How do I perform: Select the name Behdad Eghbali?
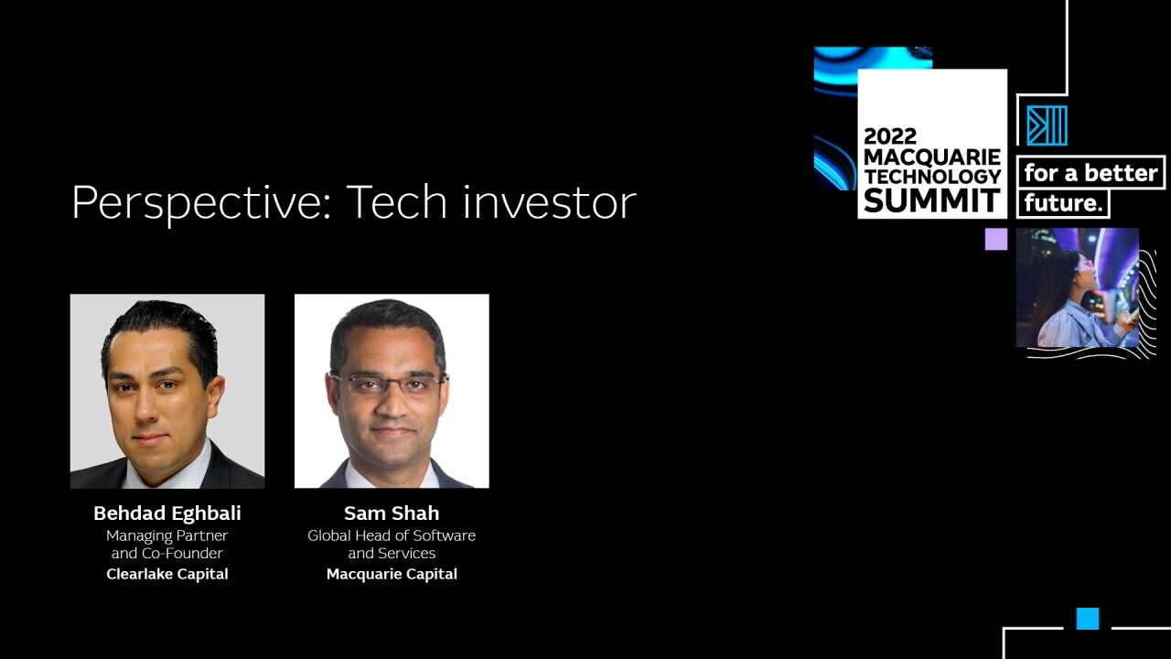[167, 513]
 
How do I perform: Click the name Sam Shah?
[392, 513]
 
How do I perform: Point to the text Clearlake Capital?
[167, 574]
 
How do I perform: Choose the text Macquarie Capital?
[392, 574]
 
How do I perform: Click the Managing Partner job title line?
[167, 536]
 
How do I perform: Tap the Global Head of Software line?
[392, 535]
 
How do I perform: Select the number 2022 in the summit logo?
[890, 136]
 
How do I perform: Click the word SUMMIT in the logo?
[932, 200]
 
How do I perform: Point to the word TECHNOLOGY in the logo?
[932, 177]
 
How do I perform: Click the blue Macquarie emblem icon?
[1047, 125]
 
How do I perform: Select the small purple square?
[996, 239]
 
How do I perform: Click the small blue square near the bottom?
[1088, 619]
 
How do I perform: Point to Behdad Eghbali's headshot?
[167, 391]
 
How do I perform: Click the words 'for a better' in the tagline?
[1090, 173]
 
